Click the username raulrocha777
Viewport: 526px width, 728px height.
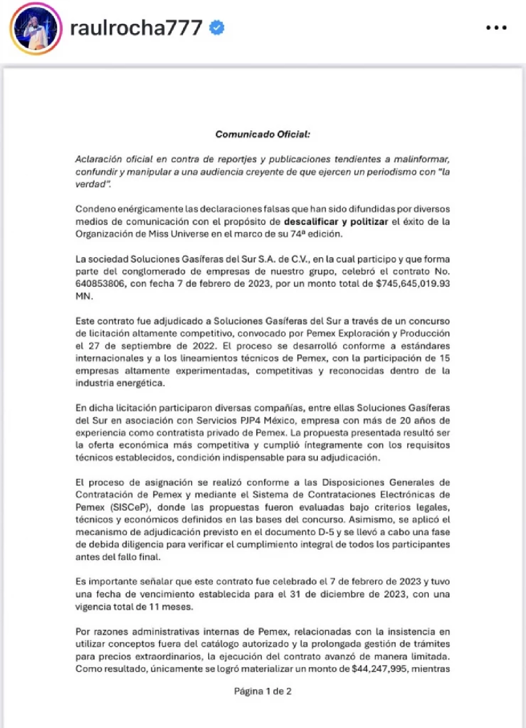[x=136, y=28]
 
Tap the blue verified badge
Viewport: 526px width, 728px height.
[x=217, y=28]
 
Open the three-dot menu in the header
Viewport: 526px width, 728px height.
[x=496, y=28]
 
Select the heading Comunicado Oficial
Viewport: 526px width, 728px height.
[x=262, y=134]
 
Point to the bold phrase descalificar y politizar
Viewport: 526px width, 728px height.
[x=336, y=221]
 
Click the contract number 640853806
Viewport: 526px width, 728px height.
[x=100, y=284]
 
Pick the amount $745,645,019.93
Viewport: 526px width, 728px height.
[x=412, y=284]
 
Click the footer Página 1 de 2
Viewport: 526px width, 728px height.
[x=263, y=691]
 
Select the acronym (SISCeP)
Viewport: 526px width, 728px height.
[x=131, y=508]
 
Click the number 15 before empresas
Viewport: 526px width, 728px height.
[x=444, y=358]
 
